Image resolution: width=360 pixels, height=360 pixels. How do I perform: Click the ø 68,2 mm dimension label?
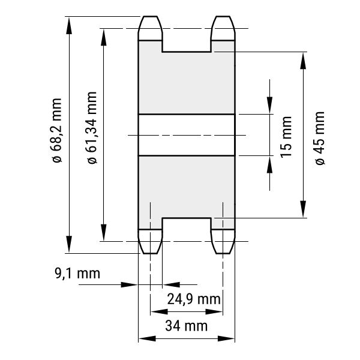click(57, 131)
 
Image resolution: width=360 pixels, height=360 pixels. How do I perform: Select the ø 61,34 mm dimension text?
click(92, 128)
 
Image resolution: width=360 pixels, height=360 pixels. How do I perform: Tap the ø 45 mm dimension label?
click(320, 138)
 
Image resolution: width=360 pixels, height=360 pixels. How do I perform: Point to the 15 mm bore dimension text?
click(286, 137)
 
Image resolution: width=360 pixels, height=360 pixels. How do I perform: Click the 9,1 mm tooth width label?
click(77, 274)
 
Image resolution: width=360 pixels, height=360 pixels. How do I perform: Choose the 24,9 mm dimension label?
click(194, 299)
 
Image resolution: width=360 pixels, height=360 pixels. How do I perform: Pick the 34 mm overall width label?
click(186, 326)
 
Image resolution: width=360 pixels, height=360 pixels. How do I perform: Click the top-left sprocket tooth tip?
click(150, 17)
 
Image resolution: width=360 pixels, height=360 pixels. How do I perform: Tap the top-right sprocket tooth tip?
click(223, 17)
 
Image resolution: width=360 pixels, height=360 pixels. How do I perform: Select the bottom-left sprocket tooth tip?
click(150, 253)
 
